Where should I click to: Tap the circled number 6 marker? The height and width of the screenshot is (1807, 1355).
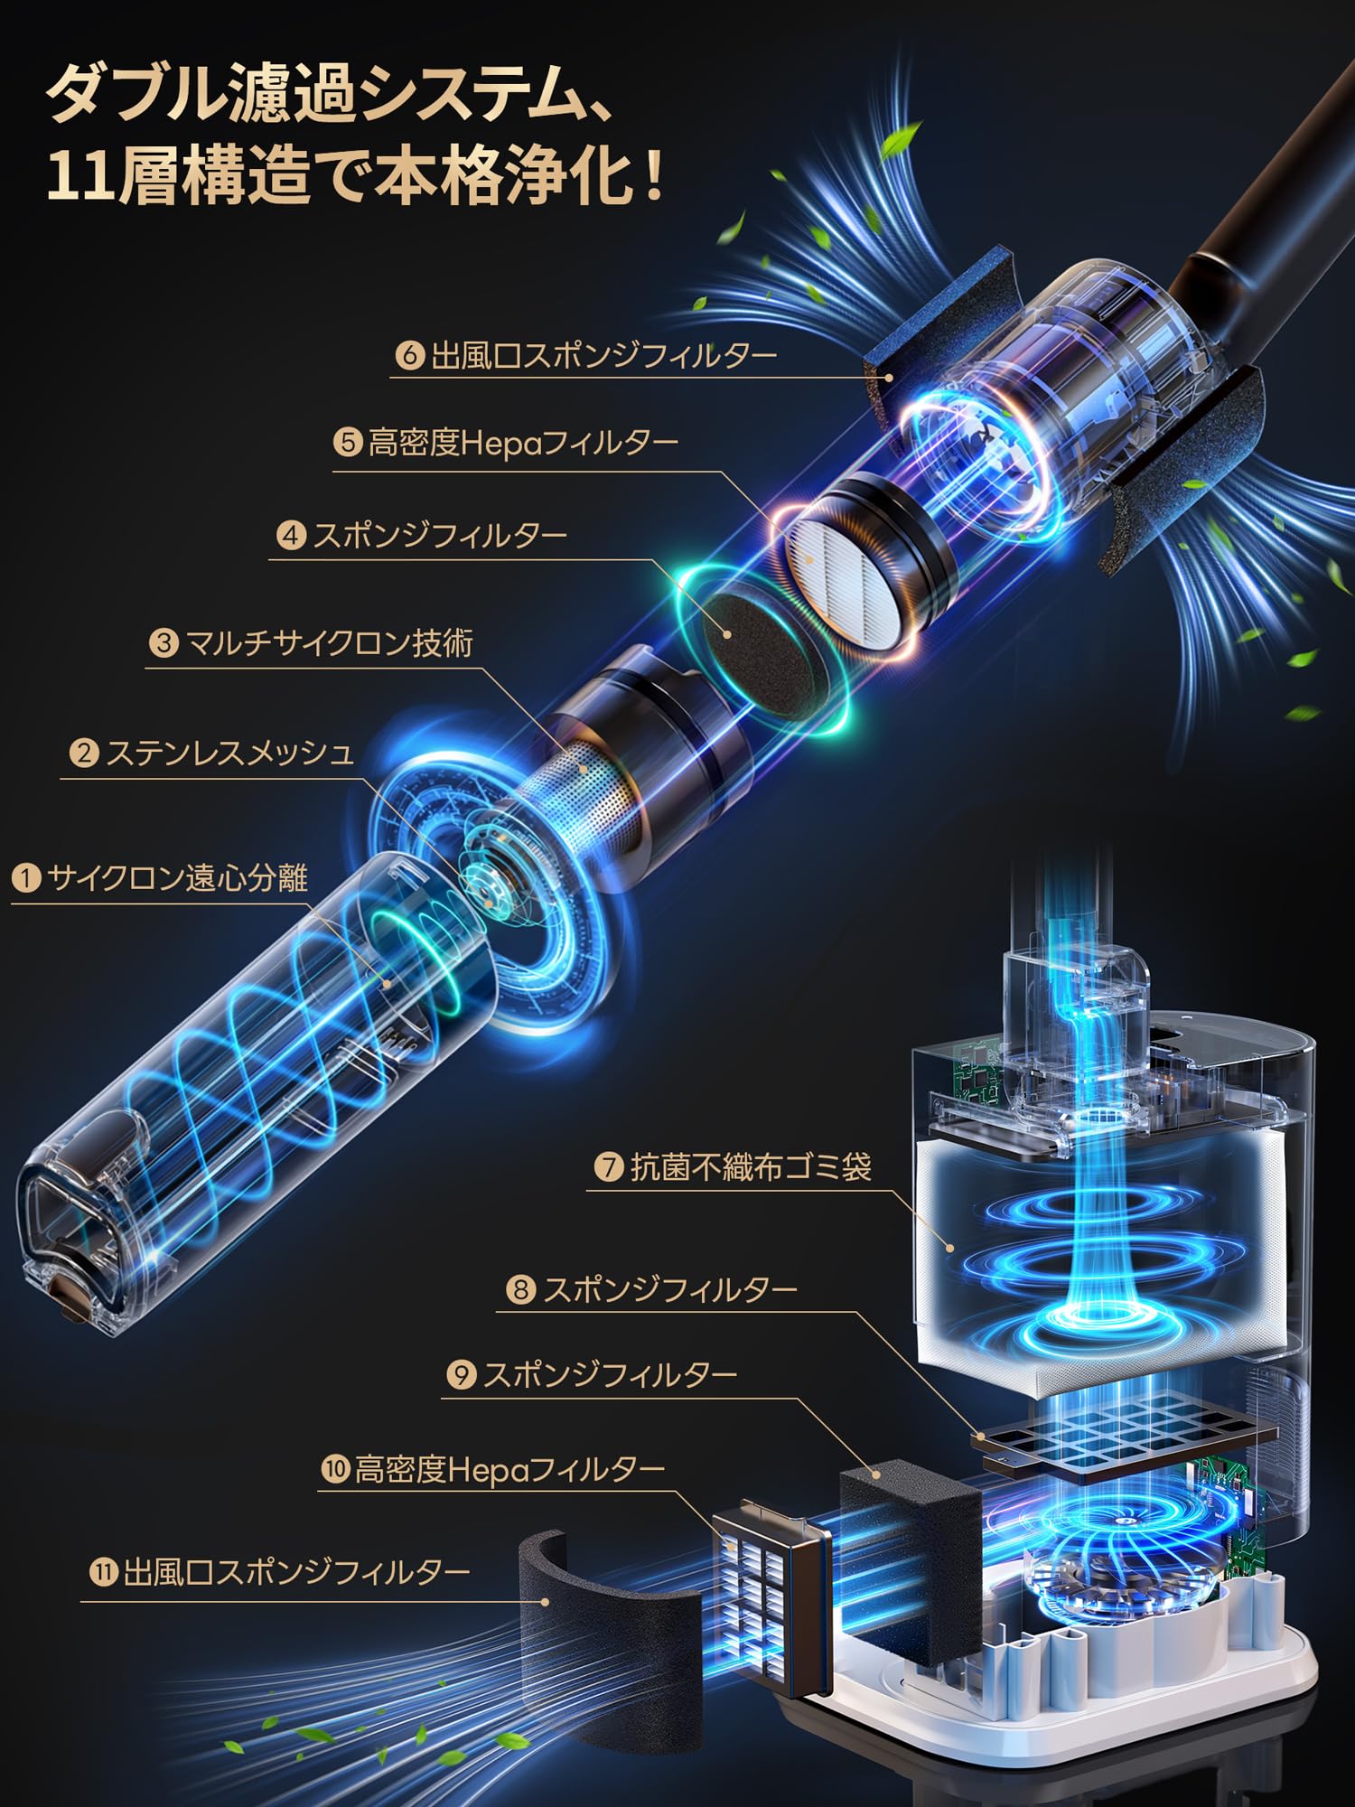click(x=409, y=355)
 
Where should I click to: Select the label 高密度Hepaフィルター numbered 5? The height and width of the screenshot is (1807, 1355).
click(x=522, y=443)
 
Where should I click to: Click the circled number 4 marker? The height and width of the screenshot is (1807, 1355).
click(x=291, y=536)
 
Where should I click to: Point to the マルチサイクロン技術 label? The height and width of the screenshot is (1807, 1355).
click(x=329, y=643)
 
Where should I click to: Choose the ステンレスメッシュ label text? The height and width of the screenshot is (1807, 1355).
click(x=229, y=753)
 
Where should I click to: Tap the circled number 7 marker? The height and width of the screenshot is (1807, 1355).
click(x=610, y=1166)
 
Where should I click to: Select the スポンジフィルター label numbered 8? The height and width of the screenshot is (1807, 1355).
click(x=669, y=1288)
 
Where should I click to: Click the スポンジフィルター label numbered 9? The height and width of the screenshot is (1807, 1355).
click(x=610, y=1374)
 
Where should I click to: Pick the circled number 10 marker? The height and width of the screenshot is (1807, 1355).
click(x=335, y=1469)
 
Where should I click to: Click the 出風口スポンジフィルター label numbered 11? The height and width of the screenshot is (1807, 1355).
click(x=296, y=1573)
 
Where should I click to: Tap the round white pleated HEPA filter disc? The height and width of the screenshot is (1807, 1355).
click(x=849, y=578)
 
